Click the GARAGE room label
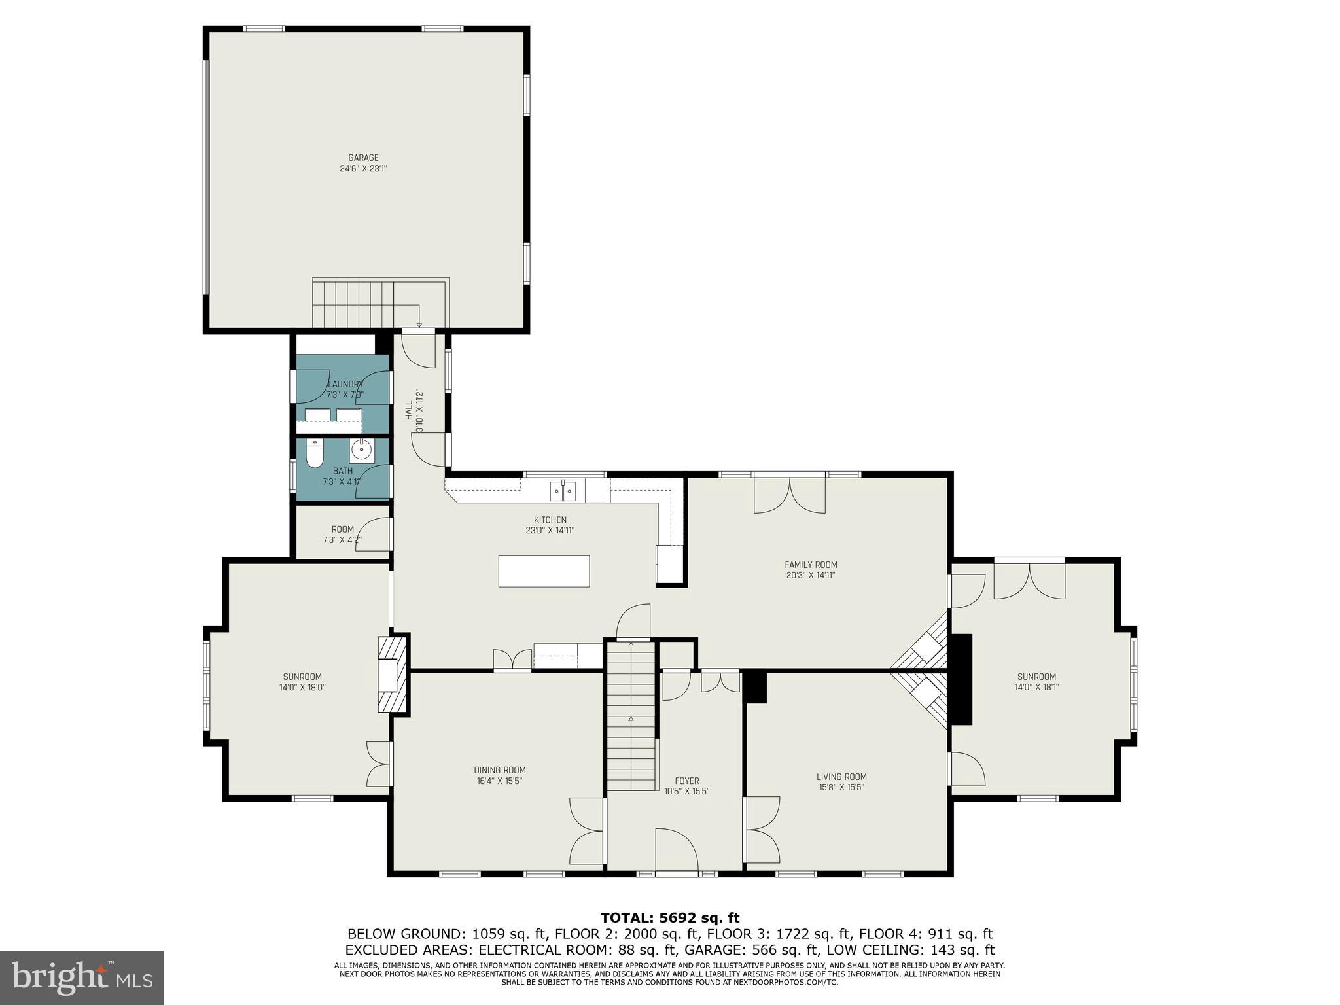363,158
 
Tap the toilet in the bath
315,453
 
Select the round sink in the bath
361,450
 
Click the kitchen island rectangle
544,571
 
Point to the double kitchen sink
563,491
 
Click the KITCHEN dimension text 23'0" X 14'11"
550,531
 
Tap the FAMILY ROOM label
811,565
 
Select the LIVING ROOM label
841,777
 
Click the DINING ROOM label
500,770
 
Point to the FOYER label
686,781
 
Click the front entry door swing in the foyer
676,851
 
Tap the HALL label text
409,411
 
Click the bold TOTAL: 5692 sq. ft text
670,918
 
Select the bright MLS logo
82,978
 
